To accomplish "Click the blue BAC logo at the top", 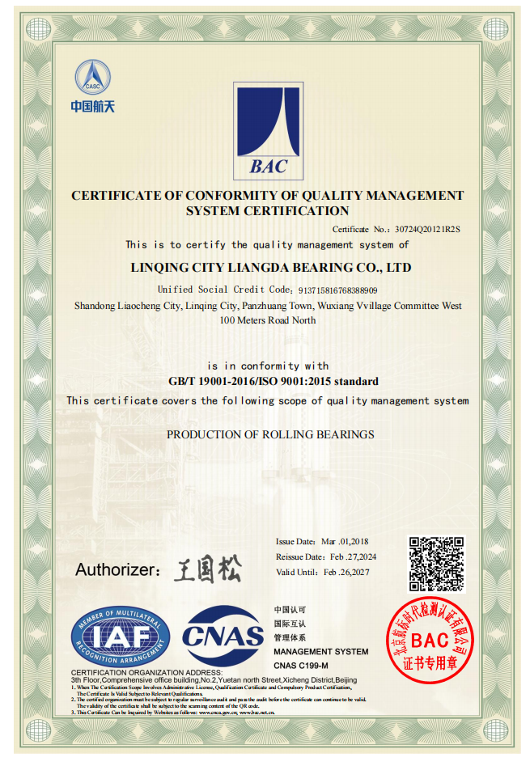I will pos(268,132).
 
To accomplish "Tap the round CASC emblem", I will pos(93,77).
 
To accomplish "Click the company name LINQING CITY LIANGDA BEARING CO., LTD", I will pos(271,267).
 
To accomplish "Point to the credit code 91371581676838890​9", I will pos(337,290).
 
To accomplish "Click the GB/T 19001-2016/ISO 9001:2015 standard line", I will pos(273,381).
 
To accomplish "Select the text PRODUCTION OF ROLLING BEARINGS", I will pos(270,434).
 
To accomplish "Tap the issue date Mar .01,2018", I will pos(345,541).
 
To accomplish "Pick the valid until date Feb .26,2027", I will pos(347,572).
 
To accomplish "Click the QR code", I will pos(435,564).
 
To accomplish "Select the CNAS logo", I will pos(223,636).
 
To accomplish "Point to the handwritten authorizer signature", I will pos(207,569).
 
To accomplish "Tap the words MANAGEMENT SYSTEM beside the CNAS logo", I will pos(320,651).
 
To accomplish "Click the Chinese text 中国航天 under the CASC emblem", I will pos(92,107).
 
